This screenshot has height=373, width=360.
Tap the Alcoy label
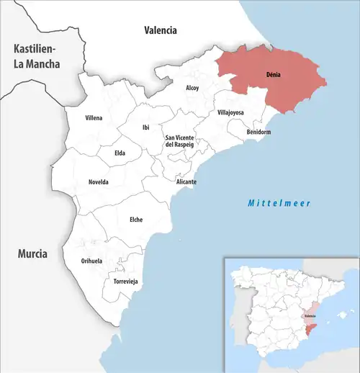click(x=192, y=88)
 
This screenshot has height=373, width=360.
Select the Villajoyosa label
click(x=230, y=113)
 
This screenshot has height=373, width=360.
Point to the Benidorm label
click(x=258, y=132)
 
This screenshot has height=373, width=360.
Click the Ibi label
click(x=146, y=127)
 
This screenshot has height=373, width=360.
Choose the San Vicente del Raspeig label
click(x=180, y=141)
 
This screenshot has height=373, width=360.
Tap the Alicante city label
click(x=186, y=182)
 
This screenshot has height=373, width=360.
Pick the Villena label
click(x=94, y=117)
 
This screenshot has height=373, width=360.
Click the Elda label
click(x=120, y=153)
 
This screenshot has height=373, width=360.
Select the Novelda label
click(x=98, y=182)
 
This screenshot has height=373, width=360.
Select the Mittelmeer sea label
click(x=279, y=204)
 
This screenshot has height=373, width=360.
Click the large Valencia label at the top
click(x=160, y=30)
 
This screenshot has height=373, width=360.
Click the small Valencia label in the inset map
click(x=310, y=316)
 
